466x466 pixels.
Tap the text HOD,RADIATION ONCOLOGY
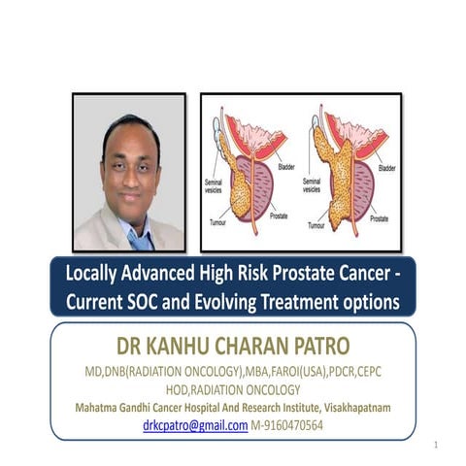click(232, 390)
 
